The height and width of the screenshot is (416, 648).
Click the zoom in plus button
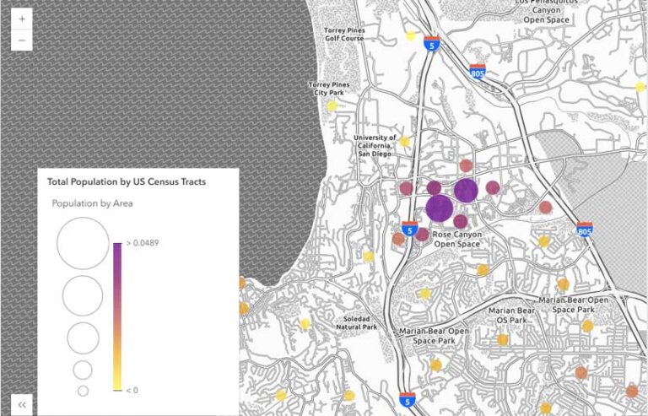21,19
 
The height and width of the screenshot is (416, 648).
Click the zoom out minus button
21,40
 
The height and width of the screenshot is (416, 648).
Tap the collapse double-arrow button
22,404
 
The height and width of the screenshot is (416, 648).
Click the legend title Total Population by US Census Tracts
127,181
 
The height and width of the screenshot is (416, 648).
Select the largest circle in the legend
83,243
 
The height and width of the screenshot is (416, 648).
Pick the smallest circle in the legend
83,391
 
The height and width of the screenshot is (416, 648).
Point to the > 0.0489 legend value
142,243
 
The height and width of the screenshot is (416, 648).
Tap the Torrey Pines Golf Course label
344,34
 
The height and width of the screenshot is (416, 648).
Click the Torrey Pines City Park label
332,89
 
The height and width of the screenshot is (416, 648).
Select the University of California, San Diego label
375,146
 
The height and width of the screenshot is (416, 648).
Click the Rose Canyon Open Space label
456,239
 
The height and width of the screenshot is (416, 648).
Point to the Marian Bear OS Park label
513,315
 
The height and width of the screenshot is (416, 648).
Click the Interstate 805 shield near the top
478,72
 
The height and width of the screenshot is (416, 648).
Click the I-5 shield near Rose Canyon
409,228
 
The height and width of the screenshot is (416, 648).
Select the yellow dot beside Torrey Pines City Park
332,105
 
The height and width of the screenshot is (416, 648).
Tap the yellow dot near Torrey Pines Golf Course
411,35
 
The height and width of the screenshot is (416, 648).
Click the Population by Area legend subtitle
92,203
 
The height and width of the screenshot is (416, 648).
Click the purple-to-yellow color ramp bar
116,316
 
